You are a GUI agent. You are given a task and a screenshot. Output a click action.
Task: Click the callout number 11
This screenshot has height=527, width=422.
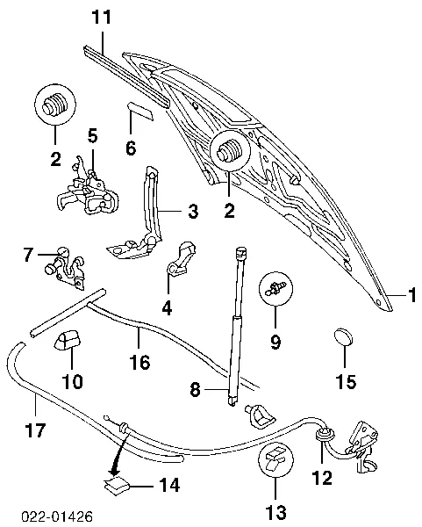pos(103,16)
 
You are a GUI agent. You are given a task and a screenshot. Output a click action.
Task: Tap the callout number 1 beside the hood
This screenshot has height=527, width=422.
pos(409,295)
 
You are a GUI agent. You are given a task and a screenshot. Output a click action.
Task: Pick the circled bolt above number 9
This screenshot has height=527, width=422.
pos(275,288)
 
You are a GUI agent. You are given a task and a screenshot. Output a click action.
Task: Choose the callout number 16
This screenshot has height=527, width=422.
pos(140,362)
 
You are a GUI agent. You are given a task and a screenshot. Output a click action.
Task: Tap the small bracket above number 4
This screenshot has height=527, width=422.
pos(182,256)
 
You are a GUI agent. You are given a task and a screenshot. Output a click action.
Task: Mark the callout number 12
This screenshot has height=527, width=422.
pos(322,480)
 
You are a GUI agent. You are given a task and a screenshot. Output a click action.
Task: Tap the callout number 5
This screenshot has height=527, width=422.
pos(92,135)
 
